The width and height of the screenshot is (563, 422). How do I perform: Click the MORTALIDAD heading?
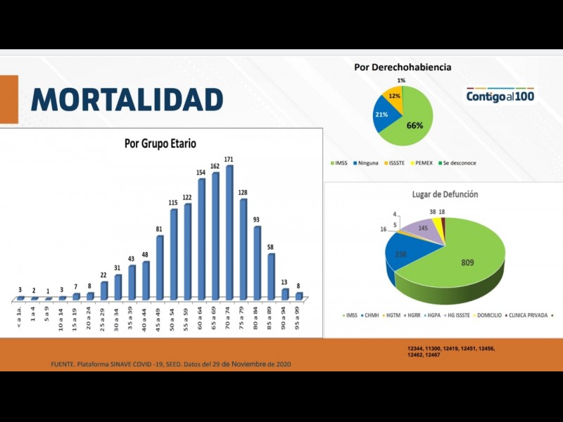(127, 99)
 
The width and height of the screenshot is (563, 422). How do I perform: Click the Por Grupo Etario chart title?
(160, 143)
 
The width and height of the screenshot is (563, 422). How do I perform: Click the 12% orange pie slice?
(393, 96)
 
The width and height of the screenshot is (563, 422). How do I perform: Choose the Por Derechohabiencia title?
(403, 68)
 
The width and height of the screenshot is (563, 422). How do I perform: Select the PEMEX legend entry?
(424, 163)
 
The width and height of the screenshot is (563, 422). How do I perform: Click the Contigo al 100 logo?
(500, 96)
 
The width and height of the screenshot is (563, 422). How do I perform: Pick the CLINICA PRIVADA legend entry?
(526, 315)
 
